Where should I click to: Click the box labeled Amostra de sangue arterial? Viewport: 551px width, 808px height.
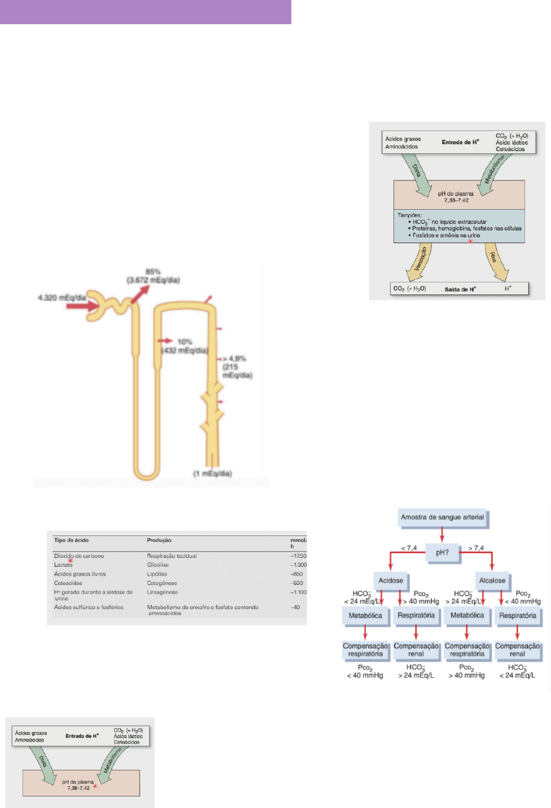443,518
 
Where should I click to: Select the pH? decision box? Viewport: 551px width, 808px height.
442,553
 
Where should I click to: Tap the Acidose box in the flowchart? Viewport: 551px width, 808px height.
391,580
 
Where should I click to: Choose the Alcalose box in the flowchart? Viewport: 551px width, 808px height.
492,580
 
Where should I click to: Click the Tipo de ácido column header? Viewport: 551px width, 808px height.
72,540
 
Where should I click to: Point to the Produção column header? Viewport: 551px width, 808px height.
159,540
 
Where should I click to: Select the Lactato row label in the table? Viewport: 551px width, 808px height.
63,565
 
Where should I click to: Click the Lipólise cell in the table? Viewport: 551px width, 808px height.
157,574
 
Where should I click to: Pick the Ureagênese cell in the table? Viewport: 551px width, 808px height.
162,592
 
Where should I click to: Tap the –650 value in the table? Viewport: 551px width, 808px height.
297,574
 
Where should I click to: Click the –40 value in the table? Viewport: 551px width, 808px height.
295,607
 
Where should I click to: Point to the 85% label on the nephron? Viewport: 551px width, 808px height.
153,271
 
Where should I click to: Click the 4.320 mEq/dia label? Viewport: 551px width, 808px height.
62,297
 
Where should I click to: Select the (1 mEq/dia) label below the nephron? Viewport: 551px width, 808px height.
212,474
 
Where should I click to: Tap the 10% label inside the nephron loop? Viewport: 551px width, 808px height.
185,342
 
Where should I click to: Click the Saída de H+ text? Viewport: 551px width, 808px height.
460,289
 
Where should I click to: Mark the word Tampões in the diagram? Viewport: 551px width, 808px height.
409,215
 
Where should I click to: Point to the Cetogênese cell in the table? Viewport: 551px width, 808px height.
162,583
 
